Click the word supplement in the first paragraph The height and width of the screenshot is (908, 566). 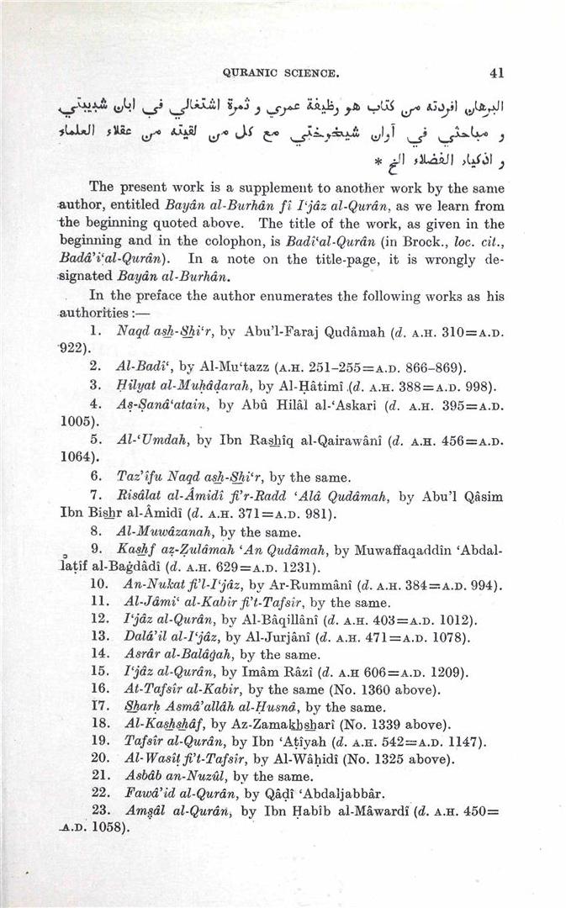click(x=257, y=186)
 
